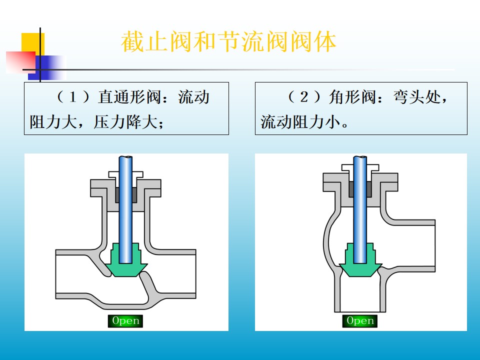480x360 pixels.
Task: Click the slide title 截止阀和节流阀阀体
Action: point(228,42)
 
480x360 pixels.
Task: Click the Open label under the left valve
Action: point(125,321)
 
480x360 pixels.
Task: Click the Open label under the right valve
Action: point(360,321)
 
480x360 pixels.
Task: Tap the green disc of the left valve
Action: point(125,265)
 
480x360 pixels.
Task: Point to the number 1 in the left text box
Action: point(72,97)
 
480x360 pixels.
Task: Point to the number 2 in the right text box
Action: point(304,97)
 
